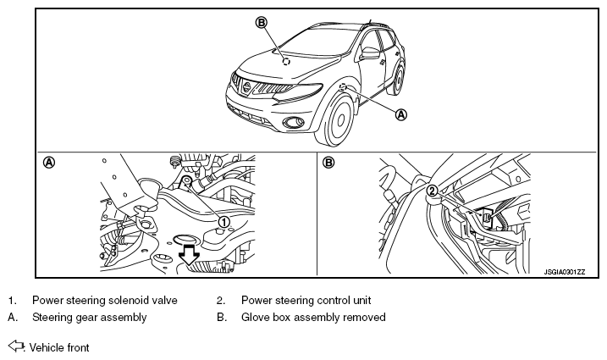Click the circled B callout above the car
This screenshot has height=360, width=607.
262,23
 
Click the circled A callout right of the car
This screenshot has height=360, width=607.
401,114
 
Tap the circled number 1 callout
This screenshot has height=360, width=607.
224,222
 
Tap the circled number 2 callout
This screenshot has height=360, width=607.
432,191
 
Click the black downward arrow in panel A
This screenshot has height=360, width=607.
189,254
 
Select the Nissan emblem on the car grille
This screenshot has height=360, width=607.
246,86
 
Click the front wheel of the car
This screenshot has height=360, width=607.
335,119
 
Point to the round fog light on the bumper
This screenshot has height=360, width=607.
295,123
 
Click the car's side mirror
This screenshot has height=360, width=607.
369,53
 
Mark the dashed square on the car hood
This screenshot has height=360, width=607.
286,61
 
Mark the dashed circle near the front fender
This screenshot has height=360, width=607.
343,87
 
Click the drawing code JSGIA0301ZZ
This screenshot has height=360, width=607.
565,272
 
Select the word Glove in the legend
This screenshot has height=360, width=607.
255,318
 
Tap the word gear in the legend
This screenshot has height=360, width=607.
81,318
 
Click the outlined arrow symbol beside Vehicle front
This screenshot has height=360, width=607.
16,346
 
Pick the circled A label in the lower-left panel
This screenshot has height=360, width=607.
49,163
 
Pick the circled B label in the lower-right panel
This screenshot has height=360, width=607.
328,163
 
